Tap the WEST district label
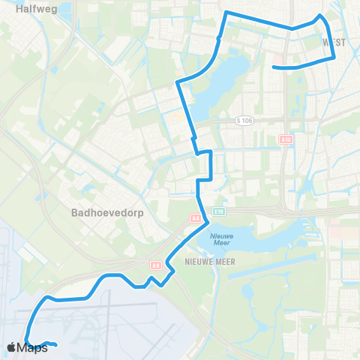(x=334, y=43)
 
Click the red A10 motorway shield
(x=285, y=139)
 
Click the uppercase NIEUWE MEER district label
(x=205, y=262)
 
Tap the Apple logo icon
(x=12, y=347)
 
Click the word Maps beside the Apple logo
(x=34, y=347)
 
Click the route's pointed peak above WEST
(x=320, y=15)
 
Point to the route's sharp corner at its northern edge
(x=226, y=12)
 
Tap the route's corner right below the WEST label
(x=333, y=55)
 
